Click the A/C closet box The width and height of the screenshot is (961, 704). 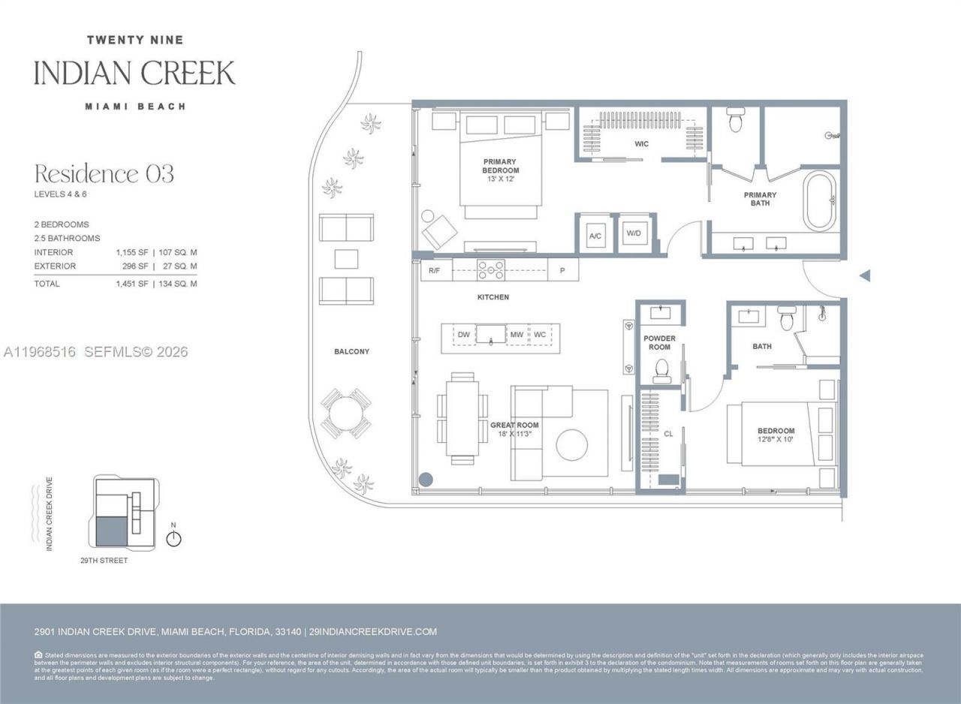coord(595,236)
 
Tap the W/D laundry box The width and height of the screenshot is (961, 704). coord(634,234)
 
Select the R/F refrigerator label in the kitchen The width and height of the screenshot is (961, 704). coord(434,270)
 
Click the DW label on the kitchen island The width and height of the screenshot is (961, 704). coord(464,334)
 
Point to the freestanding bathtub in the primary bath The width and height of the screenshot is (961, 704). coord(819,200)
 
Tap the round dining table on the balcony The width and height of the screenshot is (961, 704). coord(345,414)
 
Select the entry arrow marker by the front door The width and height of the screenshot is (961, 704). coord(864,275)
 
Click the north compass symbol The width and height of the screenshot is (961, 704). coord(173,538)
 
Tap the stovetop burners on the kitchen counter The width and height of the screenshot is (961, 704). coord(491,269)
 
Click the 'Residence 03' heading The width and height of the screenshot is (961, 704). coord(104,174)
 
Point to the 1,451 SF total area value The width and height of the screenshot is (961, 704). coord(128,284)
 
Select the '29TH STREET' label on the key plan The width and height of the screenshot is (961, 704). coord(104,561)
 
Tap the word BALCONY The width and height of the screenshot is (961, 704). coord(351,351)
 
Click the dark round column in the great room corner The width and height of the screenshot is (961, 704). coord(426,479)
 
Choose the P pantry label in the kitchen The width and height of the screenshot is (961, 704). coord(562,270)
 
